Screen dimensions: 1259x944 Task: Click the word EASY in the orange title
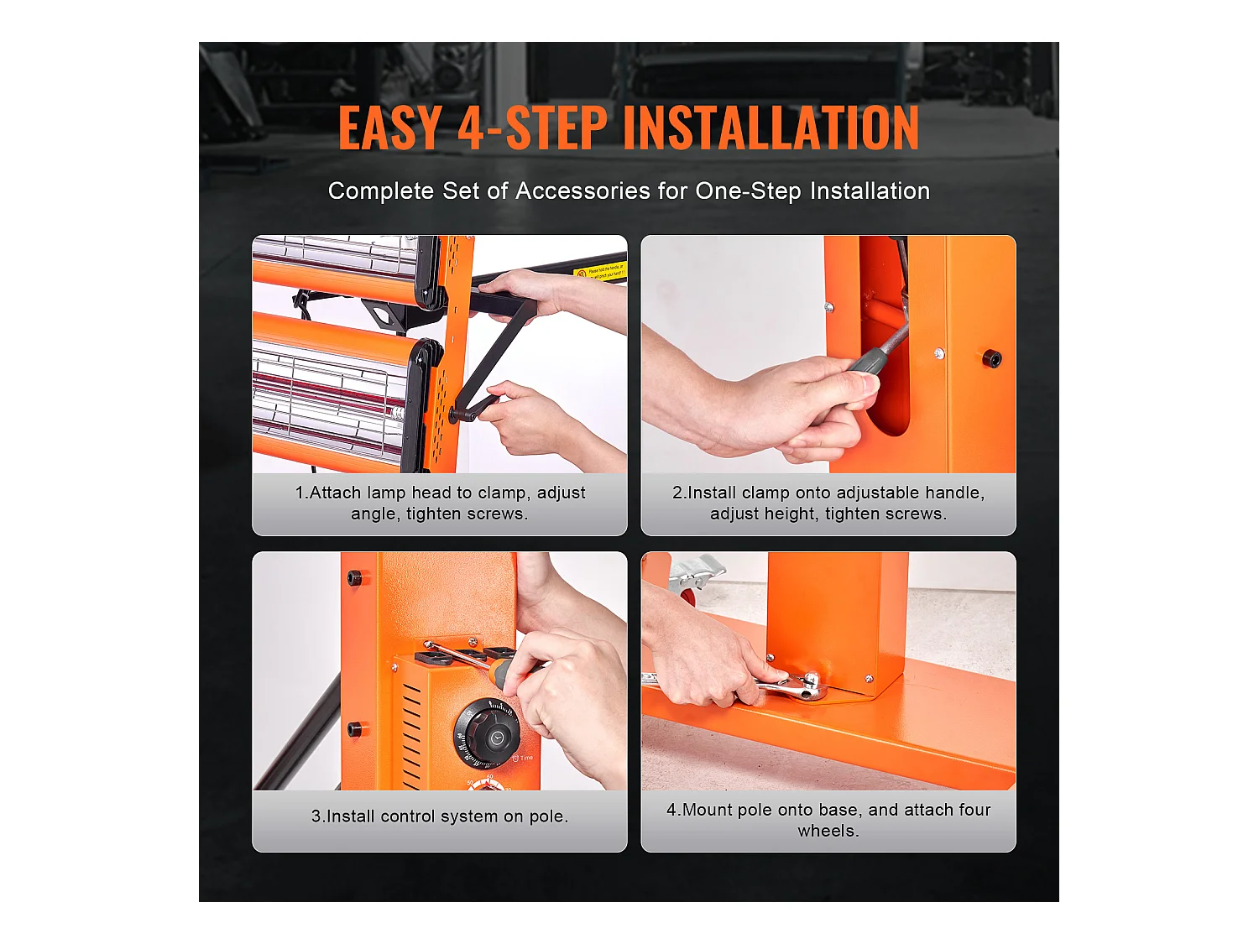point(390,128)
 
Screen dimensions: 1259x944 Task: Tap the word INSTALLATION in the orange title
point(771,128)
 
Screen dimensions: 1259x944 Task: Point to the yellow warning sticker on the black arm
point(600,270)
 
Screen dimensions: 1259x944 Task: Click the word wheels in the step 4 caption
point(828,831)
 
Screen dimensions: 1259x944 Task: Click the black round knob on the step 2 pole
point(992,359)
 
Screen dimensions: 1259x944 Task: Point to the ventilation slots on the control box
point(412,733)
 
